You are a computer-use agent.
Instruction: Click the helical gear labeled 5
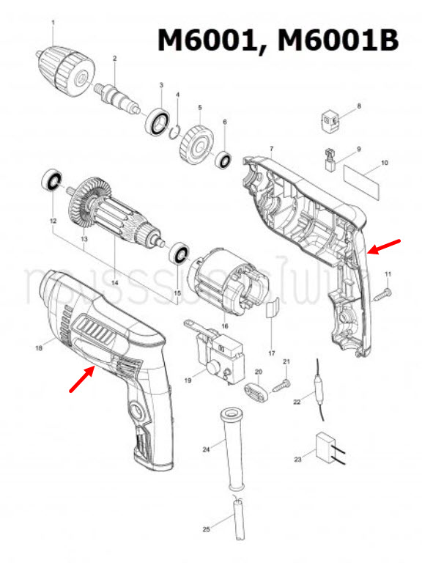(195, 142)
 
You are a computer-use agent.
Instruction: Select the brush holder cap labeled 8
(331, 119)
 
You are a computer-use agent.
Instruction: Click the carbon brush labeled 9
(330, 160)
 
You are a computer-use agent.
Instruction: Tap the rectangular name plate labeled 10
(364, 180)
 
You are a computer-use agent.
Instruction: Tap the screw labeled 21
(281, 383)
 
